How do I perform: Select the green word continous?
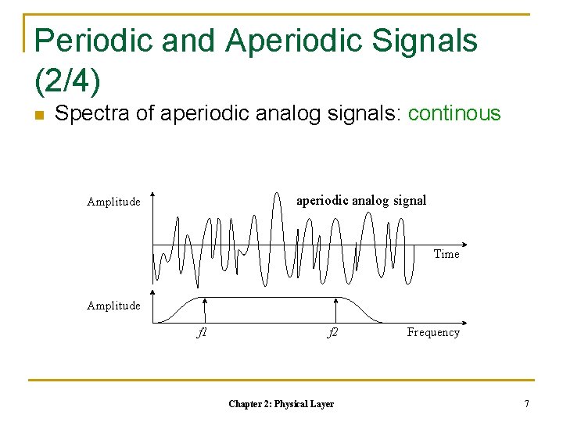[454, 114]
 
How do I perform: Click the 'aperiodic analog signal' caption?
[361, 201]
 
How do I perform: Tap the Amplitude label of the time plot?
[113, 202]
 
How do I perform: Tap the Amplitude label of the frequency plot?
[113, 306]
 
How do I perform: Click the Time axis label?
[446, 254]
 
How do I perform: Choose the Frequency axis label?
[433, 332]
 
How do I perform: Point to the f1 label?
[202, 332]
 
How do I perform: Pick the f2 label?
[332, 332]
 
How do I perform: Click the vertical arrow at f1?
[204, 309]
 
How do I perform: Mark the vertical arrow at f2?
[335, 309]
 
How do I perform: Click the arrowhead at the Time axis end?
[464, 245]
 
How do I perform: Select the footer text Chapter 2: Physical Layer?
[281, 404]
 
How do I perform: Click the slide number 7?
[527, 404]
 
